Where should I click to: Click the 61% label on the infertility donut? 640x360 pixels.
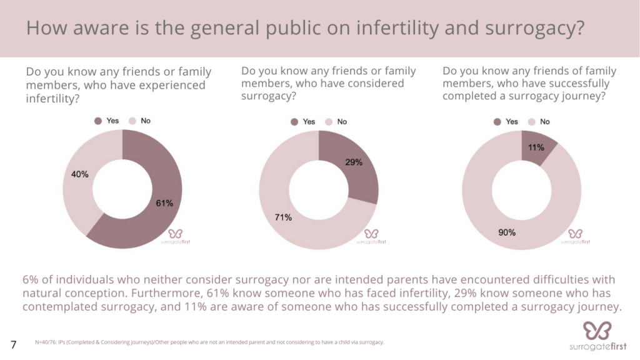point(164,203)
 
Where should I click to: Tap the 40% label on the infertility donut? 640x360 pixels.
point(79,174)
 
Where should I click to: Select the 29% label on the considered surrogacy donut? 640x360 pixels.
point(354,162)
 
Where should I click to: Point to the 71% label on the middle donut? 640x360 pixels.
point(283,217)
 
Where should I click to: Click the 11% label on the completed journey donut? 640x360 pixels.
point(536,147)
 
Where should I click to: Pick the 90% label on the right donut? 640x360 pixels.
point(507,232)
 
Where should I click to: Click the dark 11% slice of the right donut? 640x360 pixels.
point(537,147)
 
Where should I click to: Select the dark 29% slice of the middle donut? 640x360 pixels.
point(354,167)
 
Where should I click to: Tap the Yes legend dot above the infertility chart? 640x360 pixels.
point(98,121)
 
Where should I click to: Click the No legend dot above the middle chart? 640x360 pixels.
point(329,122)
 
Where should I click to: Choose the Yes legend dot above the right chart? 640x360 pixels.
point(497,122)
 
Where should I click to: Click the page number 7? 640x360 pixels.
point(14,345)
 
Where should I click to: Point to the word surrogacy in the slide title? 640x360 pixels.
point(535,28)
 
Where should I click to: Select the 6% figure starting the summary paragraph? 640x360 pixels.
point(30,279)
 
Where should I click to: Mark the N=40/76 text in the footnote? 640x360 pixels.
point(46,342)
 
